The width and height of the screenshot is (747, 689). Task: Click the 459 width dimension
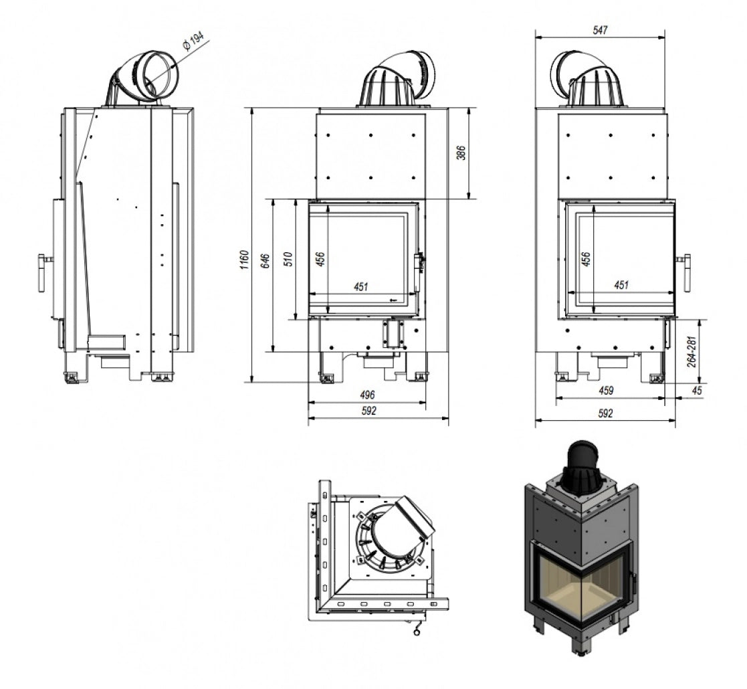coord(607,390)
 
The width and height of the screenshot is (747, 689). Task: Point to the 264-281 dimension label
coord(691,350)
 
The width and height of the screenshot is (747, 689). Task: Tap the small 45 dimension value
coord(698,391)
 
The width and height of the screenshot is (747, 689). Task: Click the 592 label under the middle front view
coord(369,411)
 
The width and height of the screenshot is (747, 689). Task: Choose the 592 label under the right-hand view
coord(605,413)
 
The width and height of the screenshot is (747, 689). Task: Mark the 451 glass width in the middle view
coord(360,286)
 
